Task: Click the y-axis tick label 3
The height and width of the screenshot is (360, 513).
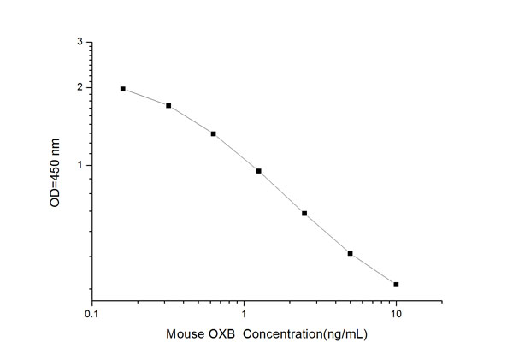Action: click(x=80, y=42)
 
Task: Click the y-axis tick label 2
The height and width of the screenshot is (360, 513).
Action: click(x=80, y=87)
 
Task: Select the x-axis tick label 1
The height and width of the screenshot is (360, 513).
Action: click(x=245, y=315)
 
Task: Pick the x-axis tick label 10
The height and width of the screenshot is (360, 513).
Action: click(x=396, y=315)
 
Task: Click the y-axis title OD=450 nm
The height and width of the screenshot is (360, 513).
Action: click(x=57, y=171)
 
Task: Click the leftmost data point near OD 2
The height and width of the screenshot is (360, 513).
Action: click(x=123, y=89)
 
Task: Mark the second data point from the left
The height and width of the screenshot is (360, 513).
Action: click(x=168, y=106)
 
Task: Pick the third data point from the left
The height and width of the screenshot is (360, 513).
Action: click(x=214, y=133)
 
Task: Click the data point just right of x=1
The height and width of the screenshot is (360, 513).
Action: click(x=259, y=171)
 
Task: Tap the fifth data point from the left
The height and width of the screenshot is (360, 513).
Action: click(x=304, y=213)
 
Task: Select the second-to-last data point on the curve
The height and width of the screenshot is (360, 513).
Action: click(x=351, y=253)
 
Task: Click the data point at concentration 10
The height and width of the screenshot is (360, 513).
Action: click(x=396, y=284)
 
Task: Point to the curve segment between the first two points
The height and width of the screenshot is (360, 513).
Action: click(x=145, y=97)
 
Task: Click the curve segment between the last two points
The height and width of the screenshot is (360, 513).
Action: click(x=373, y=269)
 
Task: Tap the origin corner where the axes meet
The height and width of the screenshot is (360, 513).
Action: click(x=92, y=302)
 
